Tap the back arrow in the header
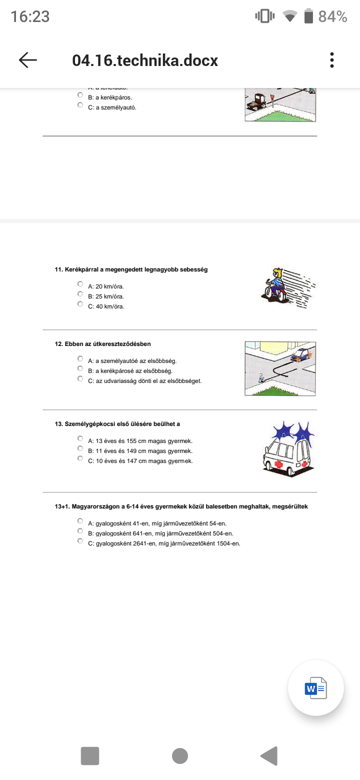click(x=28, y=60)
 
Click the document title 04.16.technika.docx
click(x=145, y=60)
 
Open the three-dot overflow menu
click(x=331, y=60)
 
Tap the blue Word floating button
click(x=315, y=689)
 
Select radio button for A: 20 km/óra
click(x=80, y=284)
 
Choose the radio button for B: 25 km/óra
click(x=80, y=294)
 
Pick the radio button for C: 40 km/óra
click(x=80, y=304)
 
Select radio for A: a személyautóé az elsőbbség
click(x=80, y=358)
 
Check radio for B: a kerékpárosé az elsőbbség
click(x=80, y=368)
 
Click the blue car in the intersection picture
click(x=300, y=354)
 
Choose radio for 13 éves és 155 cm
click(x=80, y=438)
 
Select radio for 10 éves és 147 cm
click(x=80, y=458)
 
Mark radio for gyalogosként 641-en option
click(x=80, y=531)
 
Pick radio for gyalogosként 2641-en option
click(x=80, y=541)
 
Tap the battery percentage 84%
click(x=332, y=16)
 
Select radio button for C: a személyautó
click(x=80, y=105)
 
